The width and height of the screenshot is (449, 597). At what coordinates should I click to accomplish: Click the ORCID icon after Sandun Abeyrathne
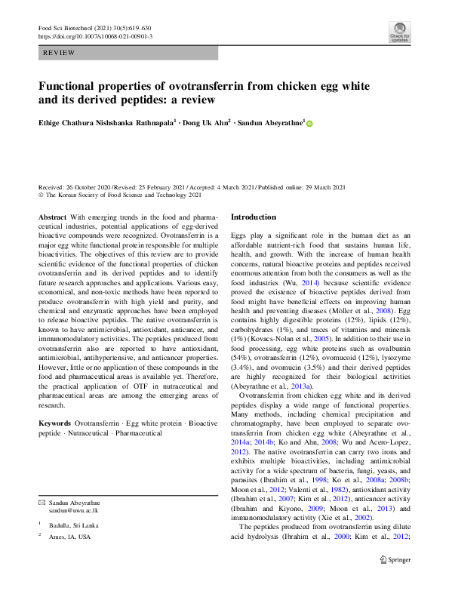click(309, 123)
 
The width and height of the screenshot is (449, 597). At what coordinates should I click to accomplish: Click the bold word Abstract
click(52, 217)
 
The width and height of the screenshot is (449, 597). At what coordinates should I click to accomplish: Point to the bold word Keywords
click(57, 424)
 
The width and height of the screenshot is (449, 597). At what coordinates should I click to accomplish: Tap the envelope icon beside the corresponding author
click(42, 503)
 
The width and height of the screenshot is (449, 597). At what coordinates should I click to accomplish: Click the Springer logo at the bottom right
click(395, 580)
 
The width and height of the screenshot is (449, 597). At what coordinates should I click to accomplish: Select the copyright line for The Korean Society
click(120, 195)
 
